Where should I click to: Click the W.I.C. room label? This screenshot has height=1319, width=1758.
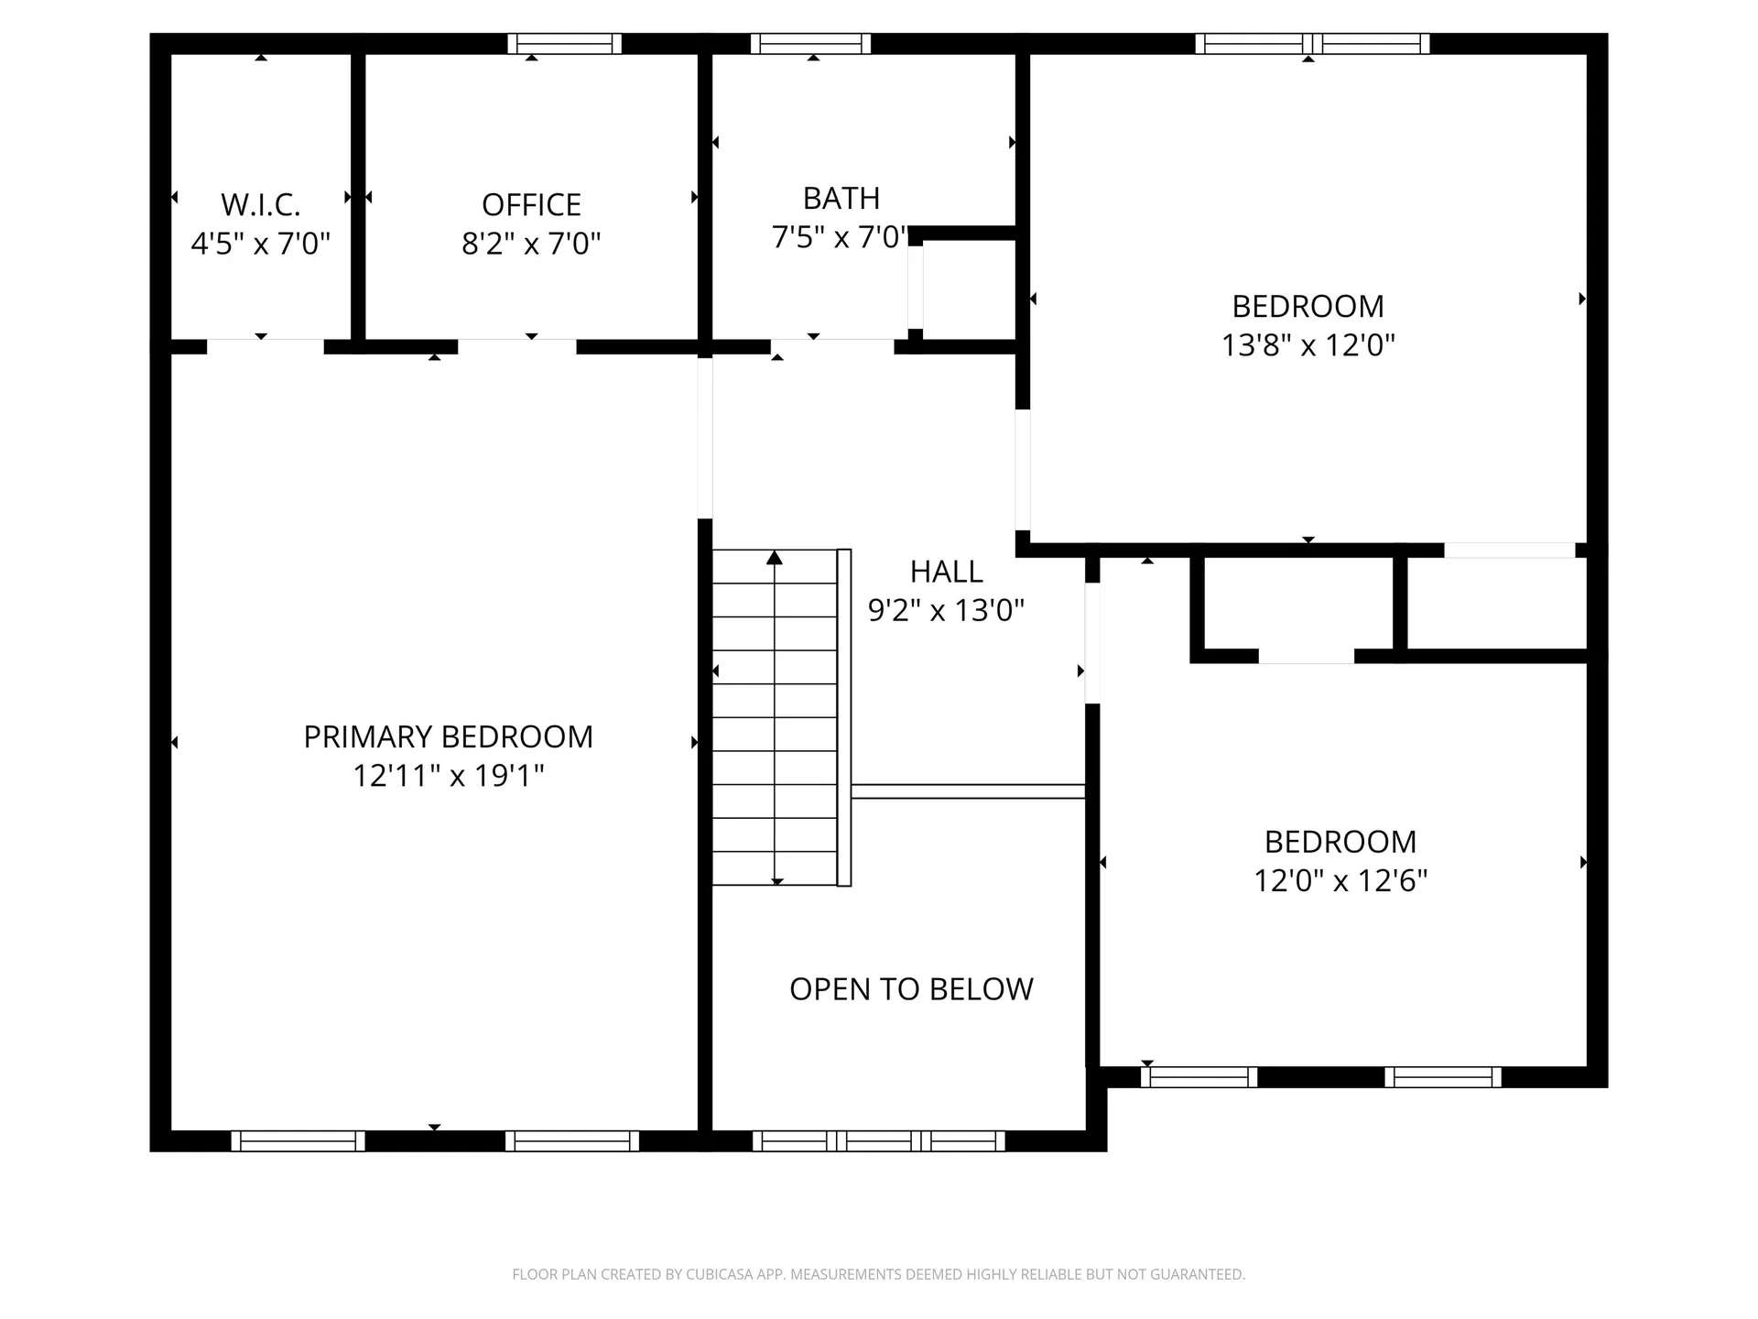tap(260, 204)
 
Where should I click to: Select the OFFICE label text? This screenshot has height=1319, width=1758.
tap(531, 204)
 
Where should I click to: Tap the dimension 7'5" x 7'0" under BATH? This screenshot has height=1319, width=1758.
tap(839, 238)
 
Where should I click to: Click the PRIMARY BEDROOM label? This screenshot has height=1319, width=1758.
tap(448, 736)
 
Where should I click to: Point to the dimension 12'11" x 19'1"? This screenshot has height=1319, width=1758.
tap(448, 776)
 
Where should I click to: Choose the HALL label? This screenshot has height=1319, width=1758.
tap(946, 572)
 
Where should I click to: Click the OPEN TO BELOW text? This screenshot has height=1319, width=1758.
tap(911, 989)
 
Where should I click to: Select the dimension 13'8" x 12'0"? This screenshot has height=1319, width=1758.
tap(1308, 345)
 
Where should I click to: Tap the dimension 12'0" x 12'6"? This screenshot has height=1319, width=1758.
tap(1340, 881)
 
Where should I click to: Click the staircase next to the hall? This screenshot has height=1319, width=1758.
tap(775, 717)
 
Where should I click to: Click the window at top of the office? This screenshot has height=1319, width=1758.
tap(564, 43)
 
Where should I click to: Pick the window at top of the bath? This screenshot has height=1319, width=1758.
tap(810, 43)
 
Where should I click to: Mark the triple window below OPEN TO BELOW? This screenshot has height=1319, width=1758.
tap(878, 1141)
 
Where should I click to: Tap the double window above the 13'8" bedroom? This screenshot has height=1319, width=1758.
tap(1312, 43)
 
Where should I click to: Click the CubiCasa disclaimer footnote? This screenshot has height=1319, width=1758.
tap(878, 1274)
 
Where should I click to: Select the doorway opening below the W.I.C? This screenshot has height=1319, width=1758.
tap(265, 346)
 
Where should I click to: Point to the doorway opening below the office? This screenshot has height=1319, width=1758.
tap(516, 346)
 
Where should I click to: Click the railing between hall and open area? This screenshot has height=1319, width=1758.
tap(968, 791)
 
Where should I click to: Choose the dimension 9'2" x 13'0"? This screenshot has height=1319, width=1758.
tap(946, 611)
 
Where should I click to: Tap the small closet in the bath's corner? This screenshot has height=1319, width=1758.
tap(969, 289)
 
